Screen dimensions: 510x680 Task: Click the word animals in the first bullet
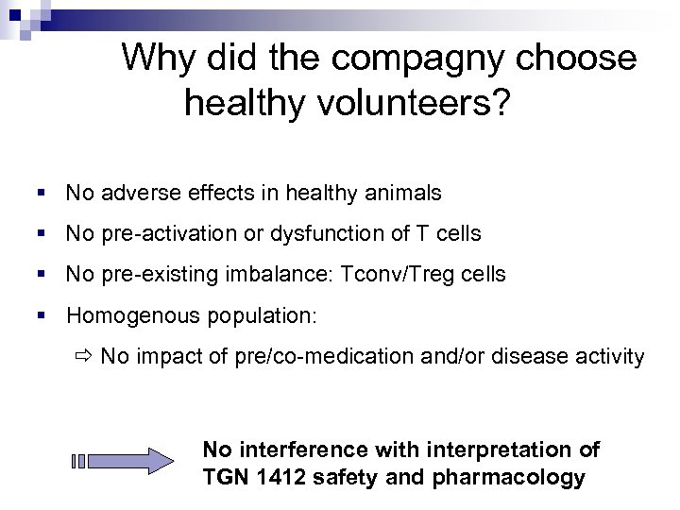tap(405, 194)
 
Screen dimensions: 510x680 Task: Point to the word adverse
tap(134, 194)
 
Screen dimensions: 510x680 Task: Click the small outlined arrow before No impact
tap(84, 357)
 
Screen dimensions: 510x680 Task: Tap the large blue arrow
tap(124, 462)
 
